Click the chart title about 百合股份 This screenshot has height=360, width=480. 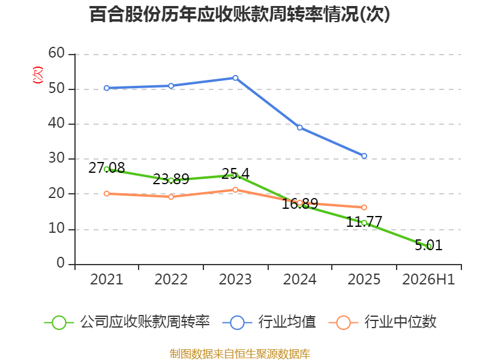tap(239, 14)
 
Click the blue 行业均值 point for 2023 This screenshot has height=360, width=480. tap(235, 78)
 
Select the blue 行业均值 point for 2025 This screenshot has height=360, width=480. tap(364, 156)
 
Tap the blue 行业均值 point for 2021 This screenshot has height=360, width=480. tap(107, 88)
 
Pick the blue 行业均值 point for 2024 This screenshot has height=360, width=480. tap(299, 128)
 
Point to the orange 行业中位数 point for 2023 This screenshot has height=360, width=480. tap(235, 190)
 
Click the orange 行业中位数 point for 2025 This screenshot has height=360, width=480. tap(364, 208)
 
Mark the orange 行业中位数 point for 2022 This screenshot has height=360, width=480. tap(171, 197)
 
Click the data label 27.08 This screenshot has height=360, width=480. tap(107, 168)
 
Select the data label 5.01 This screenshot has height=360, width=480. tap(428, 245)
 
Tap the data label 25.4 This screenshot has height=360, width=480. tap(235, 173)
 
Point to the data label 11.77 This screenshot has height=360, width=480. tap(364, 221)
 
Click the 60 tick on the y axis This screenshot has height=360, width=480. tap(56, 53)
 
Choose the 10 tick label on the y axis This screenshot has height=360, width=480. tap(56, 229)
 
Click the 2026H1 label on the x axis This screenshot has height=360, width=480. tap(428, 280)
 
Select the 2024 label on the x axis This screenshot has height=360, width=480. tap(299, 280)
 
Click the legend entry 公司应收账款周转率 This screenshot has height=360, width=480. tap(127, 322)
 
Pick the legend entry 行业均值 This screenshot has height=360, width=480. tap(269, 322)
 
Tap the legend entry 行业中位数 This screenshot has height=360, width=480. tap(382, 322)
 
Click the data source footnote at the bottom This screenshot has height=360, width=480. tap(239, 354)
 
